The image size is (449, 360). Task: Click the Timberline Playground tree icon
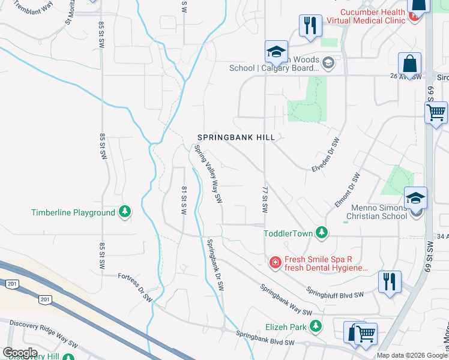(124, 212)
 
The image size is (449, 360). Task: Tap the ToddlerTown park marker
(322, 232)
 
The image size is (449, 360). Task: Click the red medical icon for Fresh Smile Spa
(275, 262)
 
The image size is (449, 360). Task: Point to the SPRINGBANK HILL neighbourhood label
(237, 137)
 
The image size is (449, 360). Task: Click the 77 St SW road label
(264, 200)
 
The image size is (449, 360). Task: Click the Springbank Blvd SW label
(265, 338)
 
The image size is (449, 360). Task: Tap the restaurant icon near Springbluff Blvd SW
(390, 281)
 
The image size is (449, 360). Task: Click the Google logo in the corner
(20, 353)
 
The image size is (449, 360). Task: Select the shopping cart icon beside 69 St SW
(436, 112)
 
